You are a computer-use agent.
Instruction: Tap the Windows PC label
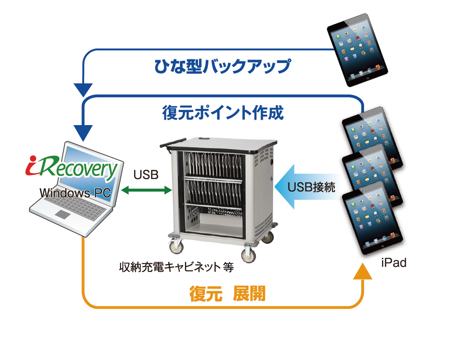(x=75, y=193)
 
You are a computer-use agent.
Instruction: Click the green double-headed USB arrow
(x=146, y=190)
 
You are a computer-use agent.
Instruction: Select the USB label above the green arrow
(x=146, y=175)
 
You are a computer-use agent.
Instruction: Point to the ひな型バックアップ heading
(x=223, y=66)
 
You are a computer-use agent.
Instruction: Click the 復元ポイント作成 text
(x=223, y=112)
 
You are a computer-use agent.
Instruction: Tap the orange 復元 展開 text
(x=227, y=293)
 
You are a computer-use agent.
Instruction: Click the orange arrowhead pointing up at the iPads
(x=362, y=271)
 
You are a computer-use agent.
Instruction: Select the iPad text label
(x=394, y=263)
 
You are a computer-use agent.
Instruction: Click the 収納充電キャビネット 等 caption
(x=176, y=267)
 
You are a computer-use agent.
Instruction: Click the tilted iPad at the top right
(x=357, y=50)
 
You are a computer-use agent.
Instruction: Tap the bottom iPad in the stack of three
(x=373, y=218)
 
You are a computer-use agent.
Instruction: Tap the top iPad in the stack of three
(x=373, y=138)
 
